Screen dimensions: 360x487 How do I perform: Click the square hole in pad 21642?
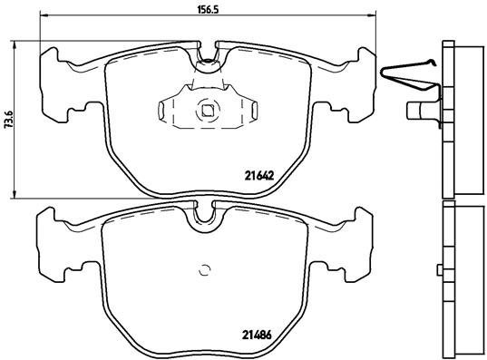(207, 112)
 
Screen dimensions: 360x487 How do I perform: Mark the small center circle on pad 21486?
(204, 269)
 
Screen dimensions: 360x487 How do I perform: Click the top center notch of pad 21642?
(208, 56)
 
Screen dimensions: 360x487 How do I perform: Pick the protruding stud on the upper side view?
(419, 113)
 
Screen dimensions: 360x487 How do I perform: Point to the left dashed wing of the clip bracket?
(166, 111)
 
